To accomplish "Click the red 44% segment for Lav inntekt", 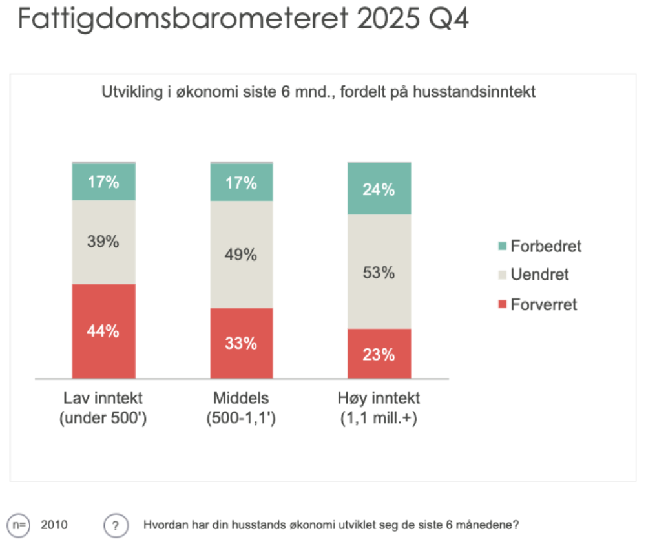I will pos(103,331).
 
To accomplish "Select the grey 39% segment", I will pos(103,242).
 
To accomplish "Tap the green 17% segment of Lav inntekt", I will pos(103,182).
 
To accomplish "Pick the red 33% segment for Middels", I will pos(241,343).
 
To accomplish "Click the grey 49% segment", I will pos(241,255).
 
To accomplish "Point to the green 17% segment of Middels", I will pos(241,182).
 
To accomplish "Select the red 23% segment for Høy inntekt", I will pos(379,353).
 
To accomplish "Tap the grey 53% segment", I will pos(379,272).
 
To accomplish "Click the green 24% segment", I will pos(379,189).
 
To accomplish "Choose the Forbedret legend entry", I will pos(539,246).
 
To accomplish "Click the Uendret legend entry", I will pos(533,275).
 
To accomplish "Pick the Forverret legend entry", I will pos(537,304).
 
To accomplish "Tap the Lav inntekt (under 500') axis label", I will pos(103,408).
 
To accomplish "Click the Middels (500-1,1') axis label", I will pos(241,408).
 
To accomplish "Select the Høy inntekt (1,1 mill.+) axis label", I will pos(379,408).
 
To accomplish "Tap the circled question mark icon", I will pos(115,525).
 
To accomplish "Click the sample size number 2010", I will pos(54,525).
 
